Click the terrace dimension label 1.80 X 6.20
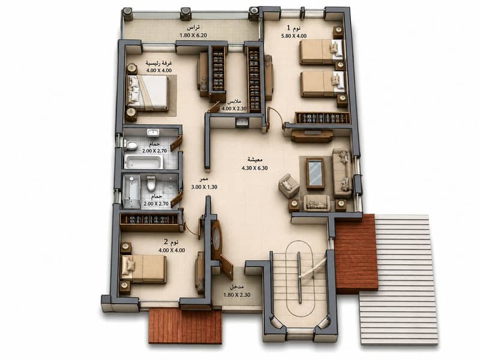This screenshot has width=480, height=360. pos(193,35)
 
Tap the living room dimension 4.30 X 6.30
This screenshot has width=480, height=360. pos(254,168)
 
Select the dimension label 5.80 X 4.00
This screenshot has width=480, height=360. pos(294,36)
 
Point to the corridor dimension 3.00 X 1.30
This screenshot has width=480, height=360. pos(204,187)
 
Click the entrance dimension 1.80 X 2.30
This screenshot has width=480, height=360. pos(237,295)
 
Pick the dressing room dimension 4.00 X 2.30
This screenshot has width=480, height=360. pos(234,109)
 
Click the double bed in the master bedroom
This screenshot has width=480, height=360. pos(148,92)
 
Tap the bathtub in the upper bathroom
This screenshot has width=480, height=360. pos(143,161)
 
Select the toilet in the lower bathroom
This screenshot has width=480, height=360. pos(151,183)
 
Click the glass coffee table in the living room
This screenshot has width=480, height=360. pos(316,173)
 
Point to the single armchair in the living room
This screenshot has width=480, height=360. pos(289,186)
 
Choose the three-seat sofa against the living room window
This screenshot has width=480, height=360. pos(342,173)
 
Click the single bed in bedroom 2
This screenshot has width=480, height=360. pos(144,269)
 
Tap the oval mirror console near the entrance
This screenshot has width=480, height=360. pos(217,236)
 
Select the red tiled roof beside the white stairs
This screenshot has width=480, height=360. pos(356,254)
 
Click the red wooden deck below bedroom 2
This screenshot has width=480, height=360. pos(185,326)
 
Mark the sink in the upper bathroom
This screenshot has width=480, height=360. pos(153,132)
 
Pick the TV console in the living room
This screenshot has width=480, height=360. pos(311,136)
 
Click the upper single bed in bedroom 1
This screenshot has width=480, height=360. pos(322,52)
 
